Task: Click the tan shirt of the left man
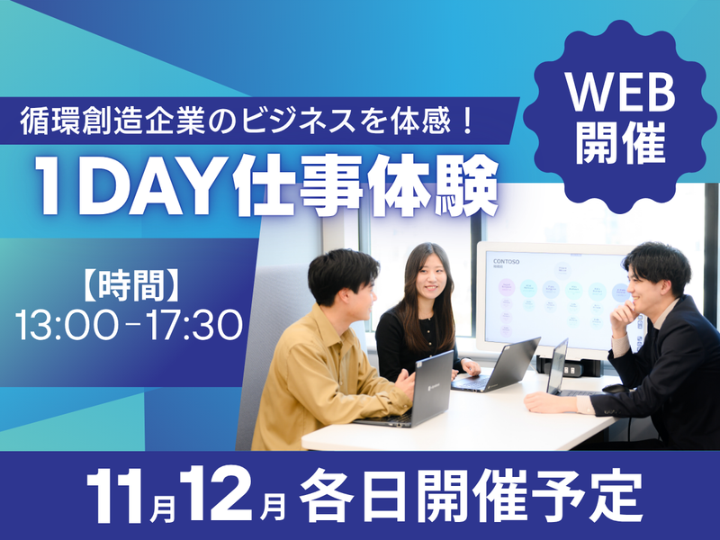(x=315, y=378)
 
